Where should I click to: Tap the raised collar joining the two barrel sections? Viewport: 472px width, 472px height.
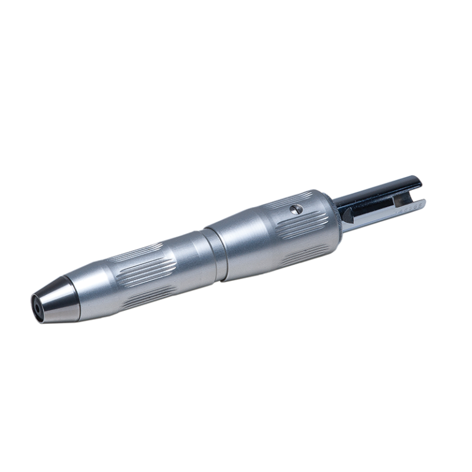(x=214, y=253)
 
